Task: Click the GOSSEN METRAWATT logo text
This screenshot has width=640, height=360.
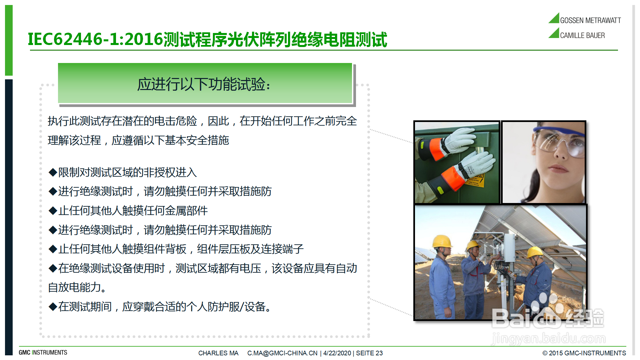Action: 590,20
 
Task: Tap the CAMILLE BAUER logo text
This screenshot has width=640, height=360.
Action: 582,35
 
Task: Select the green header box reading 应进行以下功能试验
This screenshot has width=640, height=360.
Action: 205,83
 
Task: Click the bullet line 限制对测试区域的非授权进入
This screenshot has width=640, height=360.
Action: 123,172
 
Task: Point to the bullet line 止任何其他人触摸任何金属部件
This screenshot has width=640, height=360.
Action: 128,211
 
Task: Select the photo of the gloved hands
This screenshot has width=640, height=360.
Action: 457,162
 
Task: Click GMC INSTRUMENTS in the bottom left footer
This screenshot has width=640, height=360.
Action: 43,353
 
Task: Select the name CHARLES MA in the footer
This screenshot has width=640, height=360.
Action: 218,353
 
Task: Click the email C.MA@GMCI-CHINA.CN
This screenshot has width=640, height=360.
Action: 282,353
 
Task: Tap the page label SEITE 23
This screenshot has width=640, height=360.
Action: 369,353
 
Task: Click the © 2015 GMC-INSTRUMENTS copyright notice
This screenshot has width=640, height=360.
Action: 584,353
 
